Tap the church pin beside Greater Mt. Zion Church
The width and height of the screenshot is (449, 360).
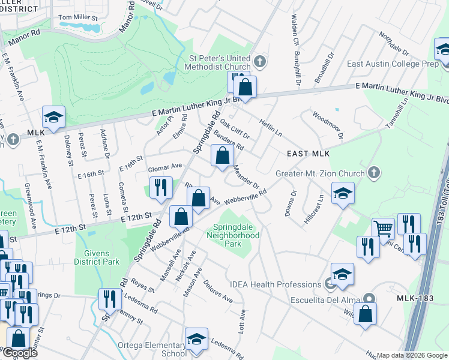coord(374,173)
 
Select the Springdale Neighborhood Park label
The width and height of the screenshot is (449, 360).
coord(237,236)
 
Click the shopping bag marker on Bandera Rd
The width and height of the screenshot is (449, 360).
coord(222,157)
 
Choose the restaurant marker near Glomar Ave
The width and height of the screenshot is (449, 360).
coord(160,187)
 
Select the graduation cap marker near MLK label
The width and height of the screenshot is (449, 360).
coord(53,117)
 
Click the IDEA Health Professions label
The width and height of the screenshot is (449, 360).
coord(276,284)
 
